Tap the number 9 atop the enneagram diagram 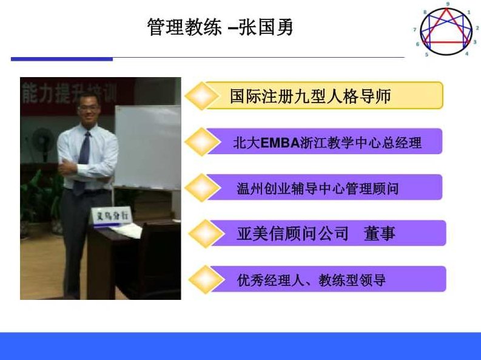coord(448,4)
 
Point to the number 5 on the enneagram coord(427,55)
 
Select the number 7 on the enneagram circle coord(415,29)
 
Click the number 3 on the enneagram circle coord(475,42)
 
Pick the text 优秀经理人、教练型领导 coord(311,280)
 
